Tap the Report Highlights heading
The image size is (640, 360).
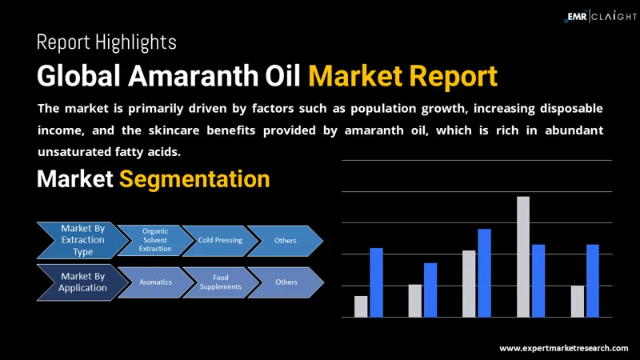[106, 42]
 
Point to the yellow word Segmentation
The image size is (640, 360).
[194, 178]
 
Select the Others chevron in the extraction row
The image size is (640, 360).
[285, 240]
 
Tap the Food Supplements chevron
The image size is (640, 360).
[219, 282]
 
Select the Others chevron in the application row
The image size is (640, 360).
[285, 282]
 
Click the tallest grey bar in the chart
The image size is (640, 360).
[523, 256]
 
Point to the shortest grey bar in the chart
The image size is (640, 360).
[361, 306]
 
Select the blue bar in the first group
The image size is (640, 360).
[376, 282]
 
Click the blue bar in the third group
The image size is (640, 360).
[484, 273]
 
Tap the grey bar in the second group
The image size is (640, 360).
[414, 301]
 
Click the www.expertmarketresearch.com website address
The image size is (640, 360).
[563, 348]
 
